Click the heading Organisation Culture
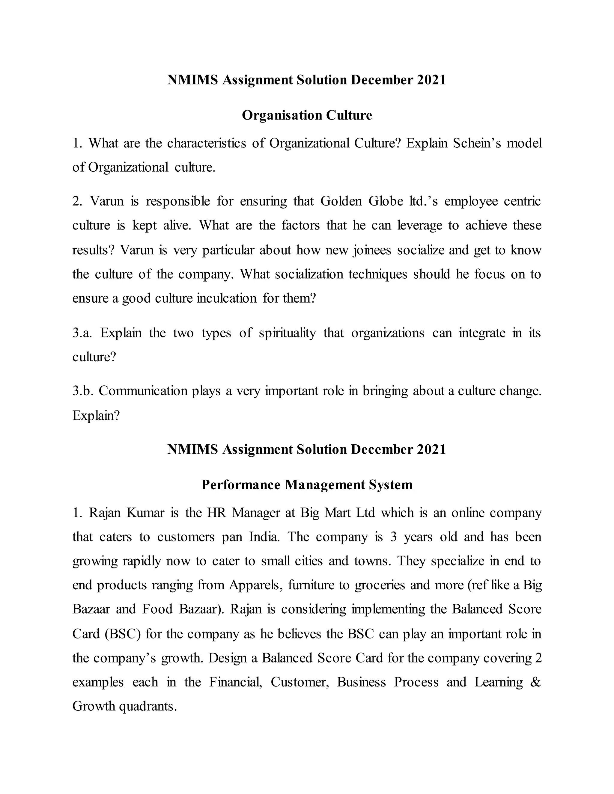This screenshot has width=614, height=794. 307,115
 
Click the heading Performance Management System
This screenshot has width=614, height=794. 307,484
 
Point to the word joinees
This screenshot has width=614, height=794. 372,250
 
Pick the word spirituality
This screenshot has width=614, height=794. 287,333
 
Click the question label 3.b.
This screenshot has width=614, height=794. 82,391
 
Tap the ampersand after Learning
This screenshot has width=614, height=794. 535,682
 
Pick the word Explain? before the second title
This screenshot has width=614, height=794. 96,415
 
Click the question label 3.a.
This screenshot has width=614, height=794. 82,333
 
